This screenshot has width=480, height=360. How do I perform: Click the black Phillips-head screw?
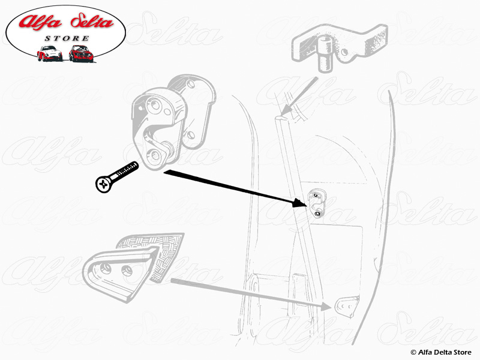click(116, 177)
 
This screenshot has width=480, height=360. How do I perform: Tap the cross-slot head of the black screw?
click(103, 184)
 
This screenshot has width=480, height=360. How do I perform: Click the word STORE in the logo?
click(67, 38)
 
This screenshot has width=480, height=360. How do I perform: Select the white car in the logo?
click(50, 53)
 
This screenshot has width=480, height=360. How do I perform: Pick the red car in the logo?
click(81, 53)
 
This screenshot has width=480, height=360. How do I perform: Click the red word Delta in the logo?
click(91, 22)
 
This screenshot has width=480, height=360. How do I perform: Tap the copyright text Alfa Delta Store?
click(441, 352)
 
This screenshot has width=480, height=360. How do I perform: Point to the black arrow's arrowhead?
click(299, 203)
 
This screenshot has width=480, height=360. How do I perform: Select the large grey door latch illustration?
click(173, 122)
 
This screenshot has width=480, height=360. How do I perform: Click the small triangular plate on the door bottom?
click(347, 306)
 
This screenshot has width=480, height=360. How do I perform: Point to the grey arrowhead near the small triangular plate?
click(326, 307)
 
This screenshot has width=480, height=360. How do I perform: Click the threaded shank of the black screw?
click(126, 170)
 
